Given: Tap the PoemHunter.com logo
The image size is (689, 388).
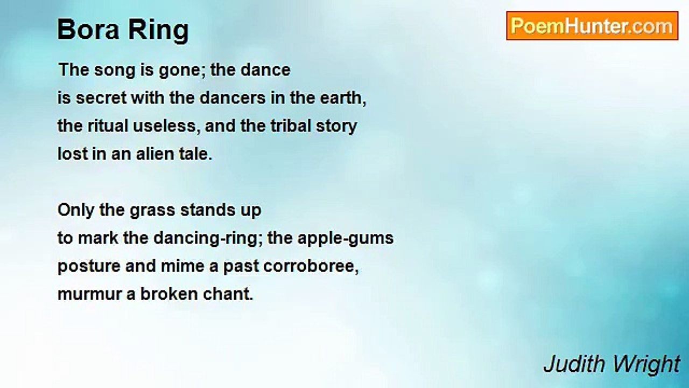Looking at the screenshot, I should (592, 26).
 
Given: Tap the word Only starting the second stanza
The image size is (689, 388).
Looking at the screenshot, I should (76, 210).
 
